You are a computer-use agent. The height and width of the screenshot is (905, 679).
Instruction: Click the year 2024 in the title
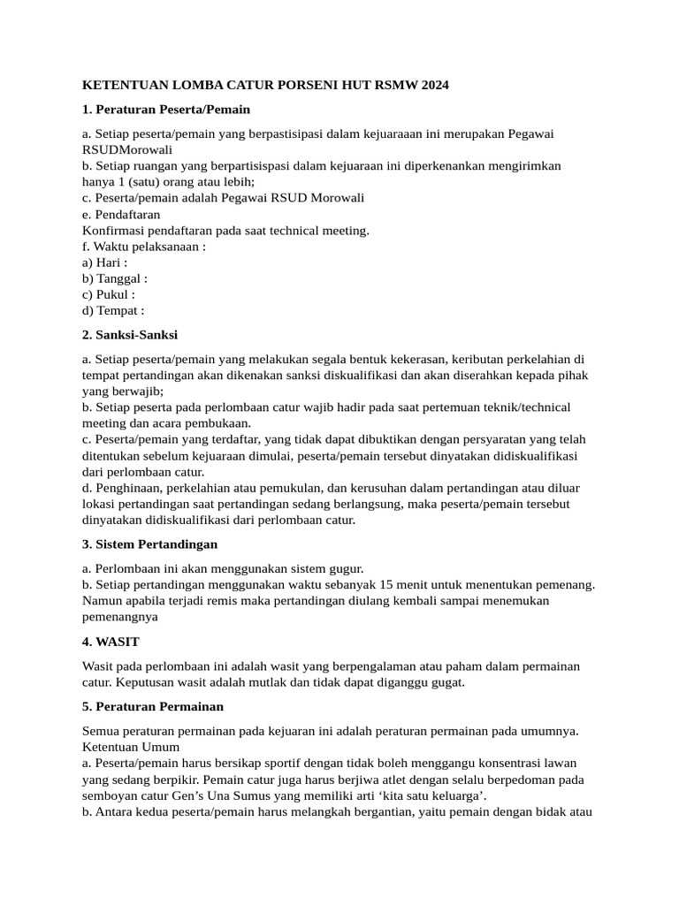pos(433,86)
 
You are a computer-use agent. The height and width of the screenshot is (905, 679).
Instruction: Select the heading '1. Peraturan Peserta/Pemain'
pos(166,110)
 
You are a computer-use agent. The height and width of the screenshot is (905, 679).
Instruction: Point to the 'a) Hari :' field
pos(104,262)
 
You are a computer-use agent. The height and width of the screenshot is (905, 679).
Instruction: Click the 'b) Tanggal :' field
pos(114,278)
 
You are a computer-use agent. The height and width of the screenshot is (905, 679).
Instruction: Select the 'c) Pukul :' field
pos(108,294)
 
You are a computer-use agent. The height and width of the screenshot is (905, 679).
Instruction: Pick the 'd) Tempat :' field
pos(112,310)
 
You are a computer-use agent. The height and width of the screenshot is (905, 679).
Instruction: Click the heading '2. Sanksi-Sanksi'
pos(130,335)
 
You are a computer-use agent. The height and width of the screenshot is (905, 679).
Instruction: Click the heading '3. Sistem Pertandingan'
pos(149,544)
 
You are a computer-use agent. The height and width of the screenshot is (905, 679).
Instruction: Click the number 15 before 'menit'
pos(385,584)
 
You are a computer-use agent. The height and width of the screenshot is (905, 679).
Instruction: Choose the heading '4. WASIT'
pos(111,641)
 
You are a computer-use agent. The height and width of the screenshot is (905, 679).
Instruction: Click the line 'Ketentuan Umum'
pos(131,747)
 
